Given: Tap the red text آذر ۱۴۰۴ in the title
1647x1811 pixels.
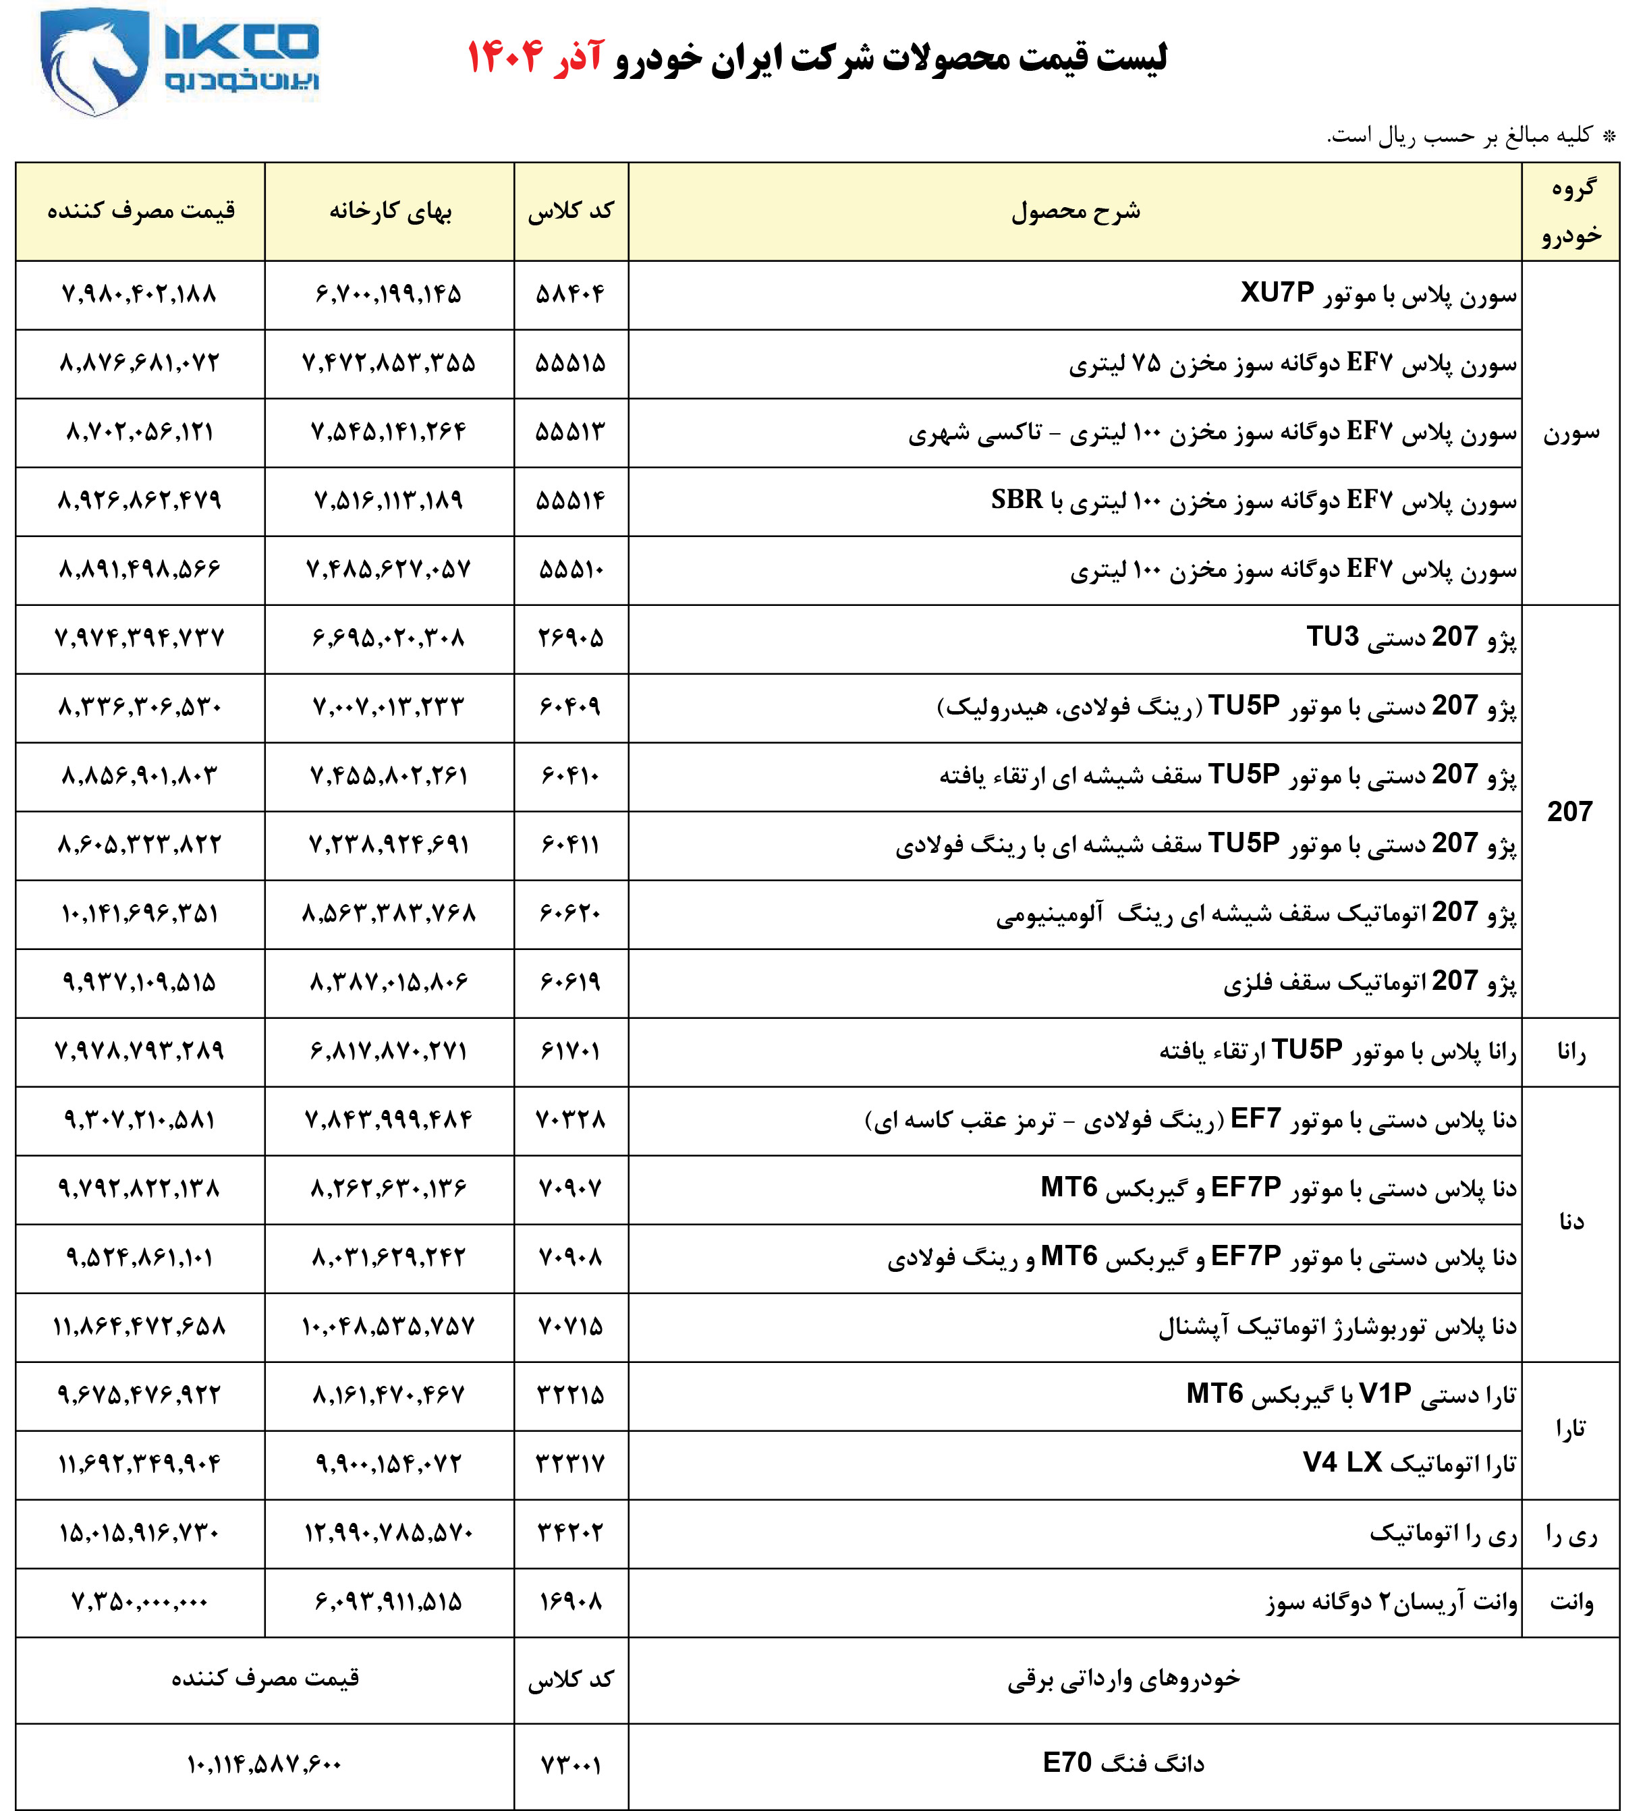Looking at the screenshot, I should (x=534, y=57).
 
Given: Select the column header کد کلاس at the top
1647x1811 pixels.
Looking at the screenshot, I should (x=571, y=211).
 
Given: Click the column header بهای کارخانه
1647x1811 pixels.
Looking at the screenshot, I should (x=390, y=211).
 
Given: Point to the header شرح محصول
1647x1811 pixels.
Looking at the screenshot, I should (x=1076, y=211).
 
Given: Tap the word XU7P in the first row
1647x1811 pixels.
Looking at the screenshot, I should (x=1277, y=293).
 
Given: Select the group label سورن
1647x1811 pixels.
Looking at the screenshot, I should (x=1571, y=433).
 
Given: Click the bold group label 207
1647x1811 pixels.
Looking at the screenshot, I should (x=1569, y=811).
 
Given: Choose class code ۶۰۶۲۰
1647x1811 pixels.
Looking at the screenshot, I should (x=571, y=914).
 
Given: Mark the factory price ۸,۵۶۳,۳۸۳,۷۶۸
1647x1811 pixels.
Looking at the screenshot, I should (x=389, y=914).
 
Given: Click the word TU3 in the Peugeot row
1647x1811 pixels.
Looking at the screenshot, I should (x=1333, y=637).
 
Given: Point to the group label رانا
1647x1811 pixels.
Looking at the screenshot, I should (x=1571, y=1052).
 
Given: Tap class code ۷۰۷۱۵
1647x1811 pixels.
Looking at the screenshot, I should (x=571, y=1327).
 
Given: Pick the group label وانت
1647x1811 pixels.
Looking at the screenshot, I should (x=1571, y=1603).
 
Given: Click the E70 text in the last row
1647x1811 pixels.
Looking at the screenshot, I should (x=1067, y=1763).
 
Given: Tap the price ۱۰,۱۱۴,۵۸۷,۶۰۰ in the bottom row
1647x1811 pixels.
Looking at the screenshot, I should (x=264, y=1765).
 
